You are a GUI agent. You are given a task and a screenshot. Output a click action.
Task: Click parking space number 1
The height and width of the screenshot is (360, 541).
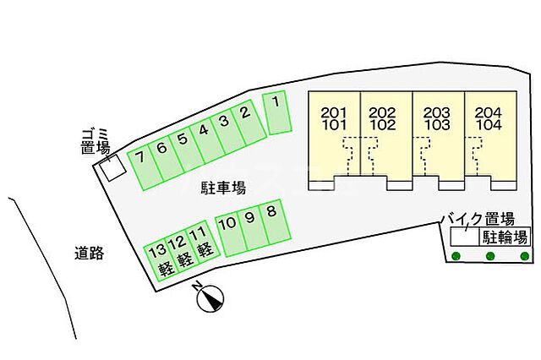277,113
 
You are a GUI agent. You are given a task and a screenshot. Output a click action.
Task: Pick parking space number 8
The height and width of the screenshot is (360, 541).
272,224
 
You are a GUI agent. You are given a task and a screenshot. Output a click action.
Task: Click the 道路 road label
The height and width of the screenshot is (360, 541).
89,252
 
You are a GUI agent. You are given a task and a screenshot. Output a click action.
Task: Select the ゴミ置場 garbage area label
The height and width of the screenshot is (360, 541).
96,141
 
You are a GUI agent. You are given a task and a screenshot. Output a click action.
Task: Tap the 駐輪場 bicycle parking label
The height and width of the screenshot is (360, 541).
505,237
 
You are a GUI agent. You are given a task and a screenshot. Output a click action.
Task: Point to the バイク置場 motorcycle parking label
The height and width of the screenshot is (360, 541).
478,218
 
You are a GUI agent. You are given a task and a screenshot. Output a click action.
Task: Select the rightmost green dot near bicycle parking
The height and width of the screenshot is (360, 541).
525,256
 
